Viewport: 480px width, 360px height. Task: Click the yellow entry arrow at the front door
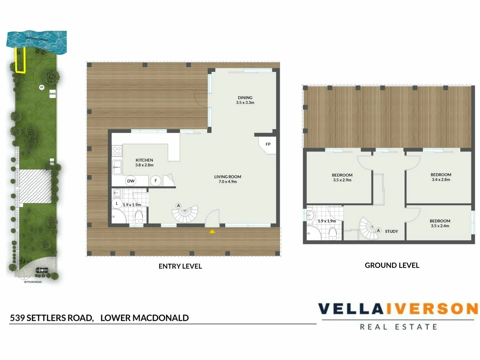pyautogui.click(x=212, y=231)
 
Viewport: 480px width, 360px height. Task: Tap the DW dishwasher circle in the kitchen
pyautogui.click(x=131, y=181)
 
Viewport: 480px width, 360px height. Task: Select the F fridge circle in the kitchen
pyautogui.click(x=156, y=181)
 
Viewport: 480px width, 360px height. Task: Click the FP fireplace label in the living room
pyautogui.click(x=268, y=144)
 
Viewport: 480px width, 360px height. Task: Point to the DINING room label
pyautogui.click(x=245, y=98)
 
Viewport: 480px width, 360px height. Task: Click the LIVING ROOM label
pyautogui.click(x=228, y=177)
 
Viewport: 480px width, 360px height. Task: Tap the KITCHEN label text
pyautogui.click(x=144, y=160)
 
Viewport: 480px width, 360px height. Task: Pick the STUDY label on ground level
pyautogui.click(x=391, y=231)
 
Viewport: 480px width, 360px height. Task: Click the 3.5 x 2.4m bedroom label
pyautogui.click(x=440, y=223)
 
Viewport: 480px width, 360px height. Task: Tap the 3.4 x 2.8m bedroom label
pyautogui.click(x=441, y=177)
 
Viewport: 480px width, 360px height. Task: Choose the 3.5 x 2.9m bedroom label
pyautogui.click(x=342, y=177)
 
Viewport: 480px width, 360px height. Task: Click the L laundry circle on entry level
pyautogui.click(x=117, y=203)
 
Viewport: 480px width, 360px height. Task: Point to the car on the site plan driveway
pyautogui.click(x=42, y=270)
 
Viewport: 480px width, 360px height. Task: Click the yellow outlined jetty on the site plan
pyautogui.click(x=20, y=60)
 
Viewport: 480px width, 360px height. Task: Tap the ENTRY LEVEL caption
pyautogui.click(x=180, y=266)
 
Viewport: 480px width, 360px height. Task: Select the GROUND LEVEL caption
pyautogui.click(x=392, y=265)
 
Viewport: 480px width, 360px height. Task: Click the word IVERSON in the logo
pyautogui.click(x=432, y=309)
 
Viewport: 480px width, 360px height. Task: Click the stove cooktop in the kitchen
pyautogui.click(x=117, y=151)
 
